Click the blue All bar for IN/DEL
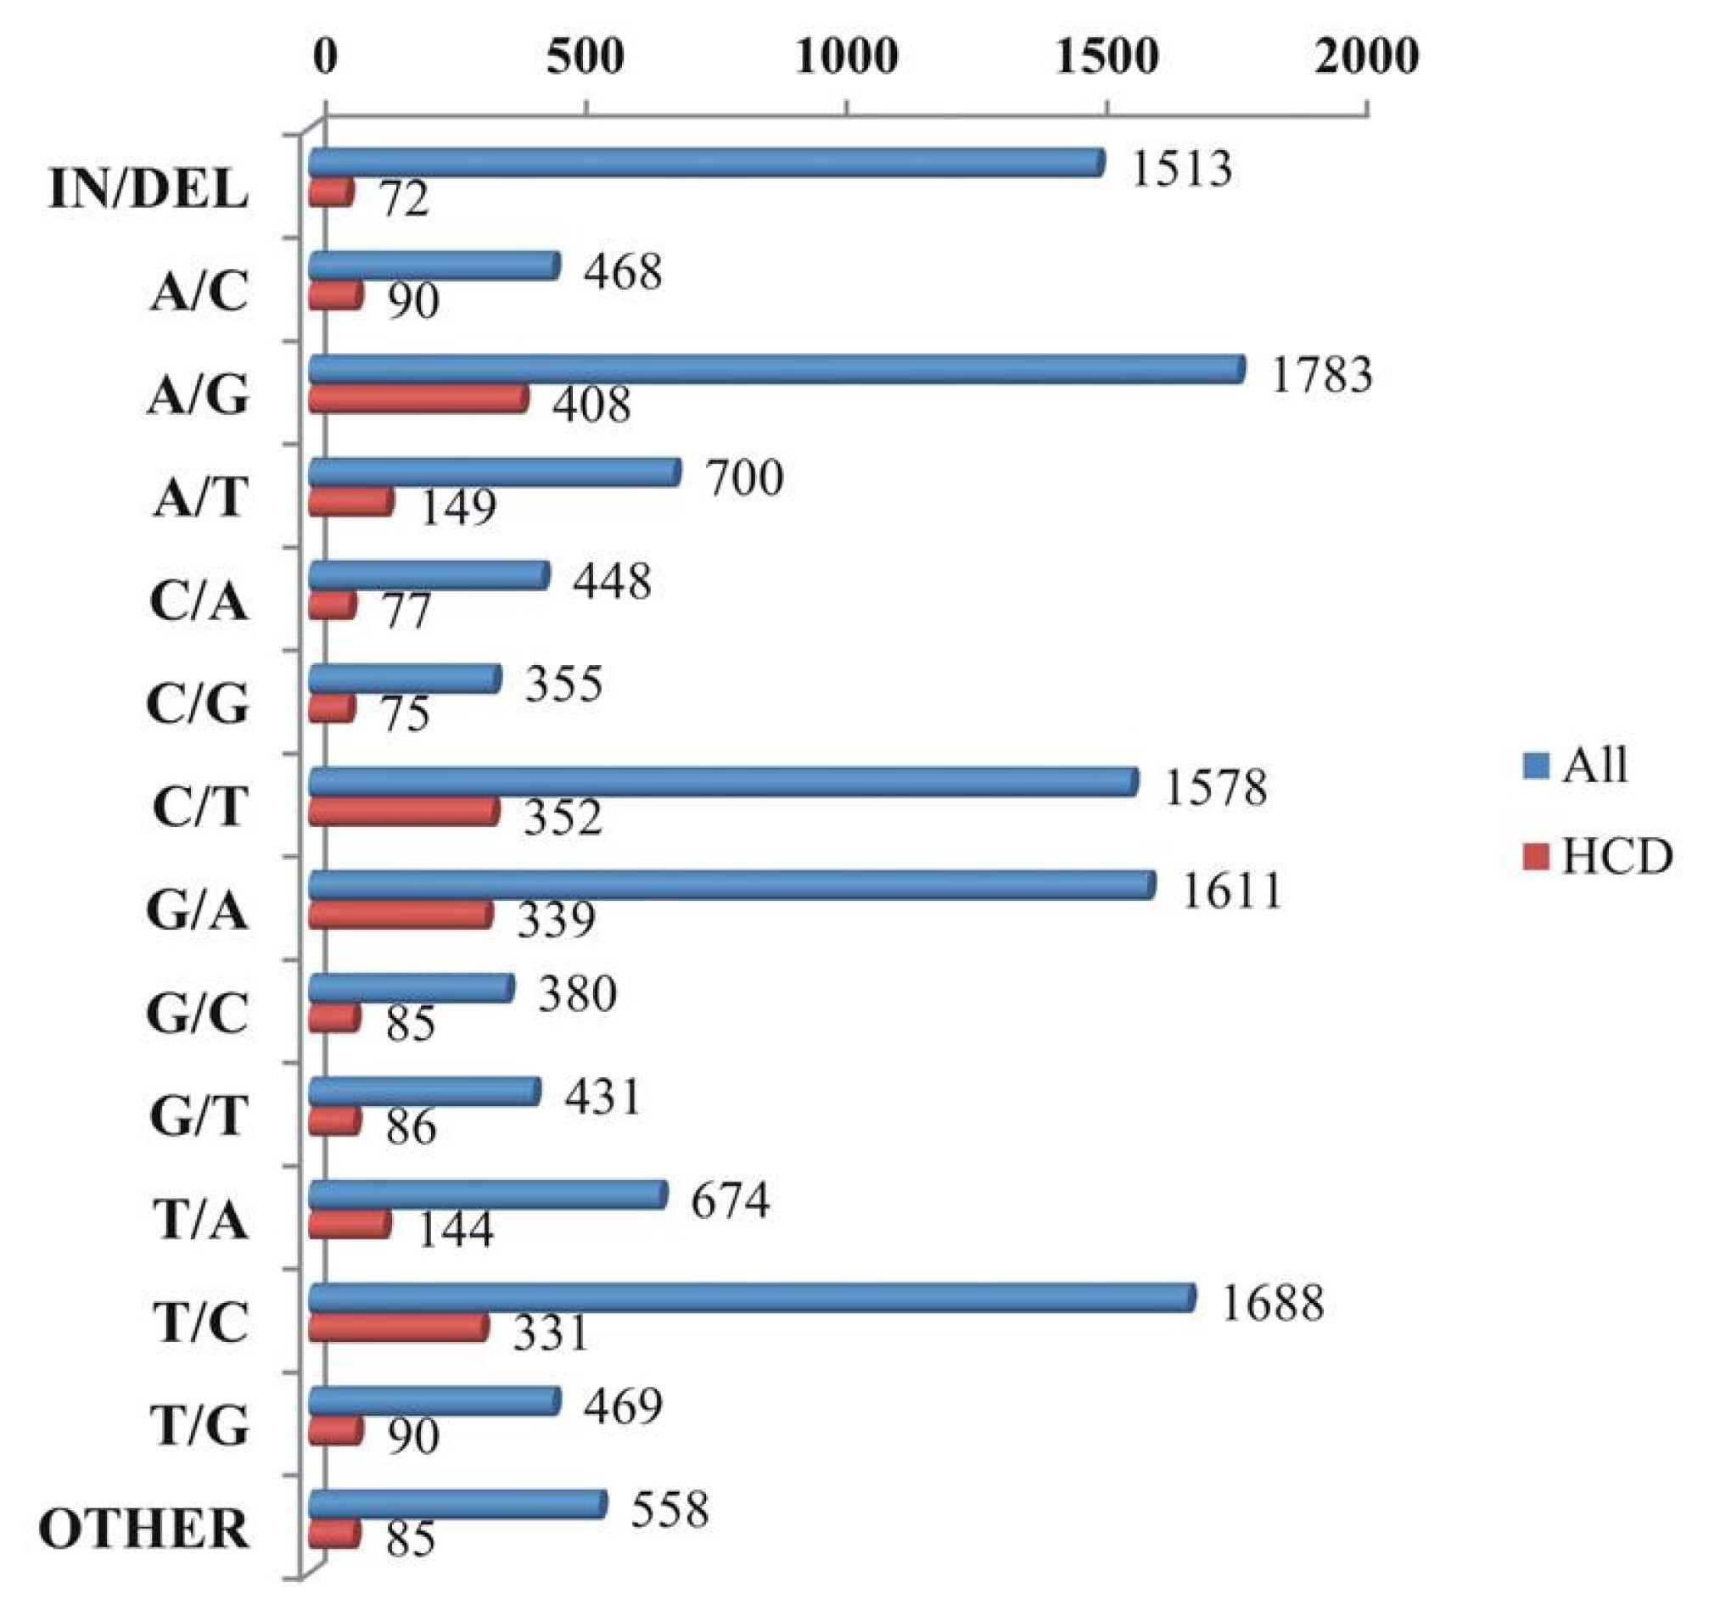coord(707,163)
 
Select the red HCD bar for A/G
coord(418,399)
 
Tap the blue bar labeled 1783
coord(777,369)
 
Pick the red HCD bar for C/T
coord(404,812)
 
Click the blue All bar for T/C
coord(752,1297)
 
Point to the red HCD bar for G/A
coord(401,914)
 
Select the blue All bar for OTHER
coord(458,1503)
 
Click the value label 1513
coord(1180,169)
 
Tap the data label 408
coord(591,404)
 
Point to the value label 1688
coord(1272,1303)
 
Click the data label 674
coord(730,1200)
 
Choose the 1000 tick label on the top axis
coord(847,58)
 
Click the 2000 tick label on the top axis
coord(1366,58)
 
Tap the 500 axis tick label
coord(586,58)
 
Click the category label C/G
coord(198,705)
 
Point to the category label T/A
coord(201,1220)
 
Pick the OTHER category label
coord(144,1529)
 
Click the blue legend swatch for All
coord(1535,765)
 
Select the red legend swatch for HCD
coord(1535,856)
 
